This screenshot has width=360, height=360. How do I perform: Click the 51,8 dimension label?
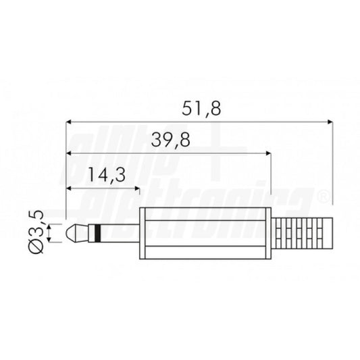coord(201,109)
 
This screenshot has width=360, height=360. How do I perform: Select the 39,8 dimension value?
coord(171,140)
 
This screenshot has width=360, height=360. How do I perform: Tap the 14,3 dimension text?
coord(107,176)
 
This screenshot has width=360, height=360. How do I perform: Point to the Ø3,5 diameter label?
coord(36,232)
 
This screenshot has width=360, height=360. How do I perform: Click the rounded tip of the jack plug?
coord(71,233)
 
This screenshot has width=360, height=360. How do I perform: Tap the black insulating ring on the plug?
coord(97,233)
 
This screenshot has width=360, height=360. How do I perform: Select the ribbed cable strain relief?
coord(302,233)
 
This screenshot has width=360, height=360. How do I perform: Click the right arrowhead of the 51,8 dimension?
coord(330,122)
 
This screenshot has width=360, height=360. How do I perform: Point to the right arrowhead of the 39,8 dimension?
coord(269,153)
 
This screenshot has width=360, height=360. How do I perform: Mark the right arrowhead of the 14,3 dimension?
coord(137,188)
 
